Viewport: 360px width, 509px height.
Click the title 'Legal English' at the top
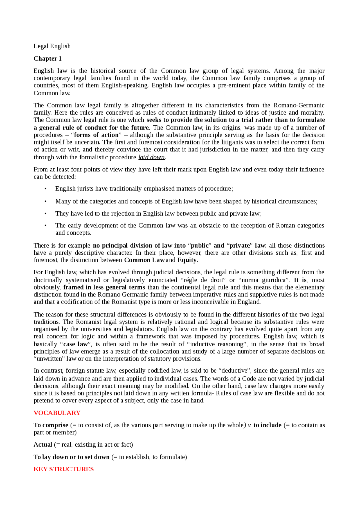[52, 46]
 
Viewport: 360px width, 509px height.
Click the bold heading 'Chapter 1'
[48, 58]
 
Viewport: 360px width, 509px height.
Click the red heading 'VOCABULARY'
[57, 413]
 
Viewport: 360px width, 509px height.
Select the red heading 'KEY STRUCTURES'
[64, 469]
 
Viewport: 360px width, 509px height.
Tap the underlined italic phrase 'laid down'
[152, 157]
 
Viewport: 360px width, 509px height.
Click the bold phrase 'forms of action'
[96, 135]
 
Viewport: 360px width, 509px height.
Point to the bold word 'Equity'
[187, 260]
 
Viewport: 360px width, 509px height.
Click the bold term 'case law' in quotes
[75, 344]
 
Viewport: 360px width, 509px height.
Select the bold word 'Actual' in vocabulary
[43, 445]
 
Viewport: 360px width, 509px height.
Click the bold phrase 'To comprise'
[51, 425]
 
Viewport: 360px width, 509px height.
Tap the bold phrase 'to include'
[267, 425]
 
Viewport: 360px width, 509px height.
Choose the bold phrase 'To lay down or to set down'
[71, 457]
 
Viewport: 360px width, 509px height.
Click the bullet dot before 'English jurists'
[45, 189]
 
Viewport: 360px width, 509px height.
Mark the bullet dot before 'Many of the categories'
[45, 202]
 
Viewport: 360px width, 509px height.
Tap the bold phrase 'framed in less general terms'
[104, 287]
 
